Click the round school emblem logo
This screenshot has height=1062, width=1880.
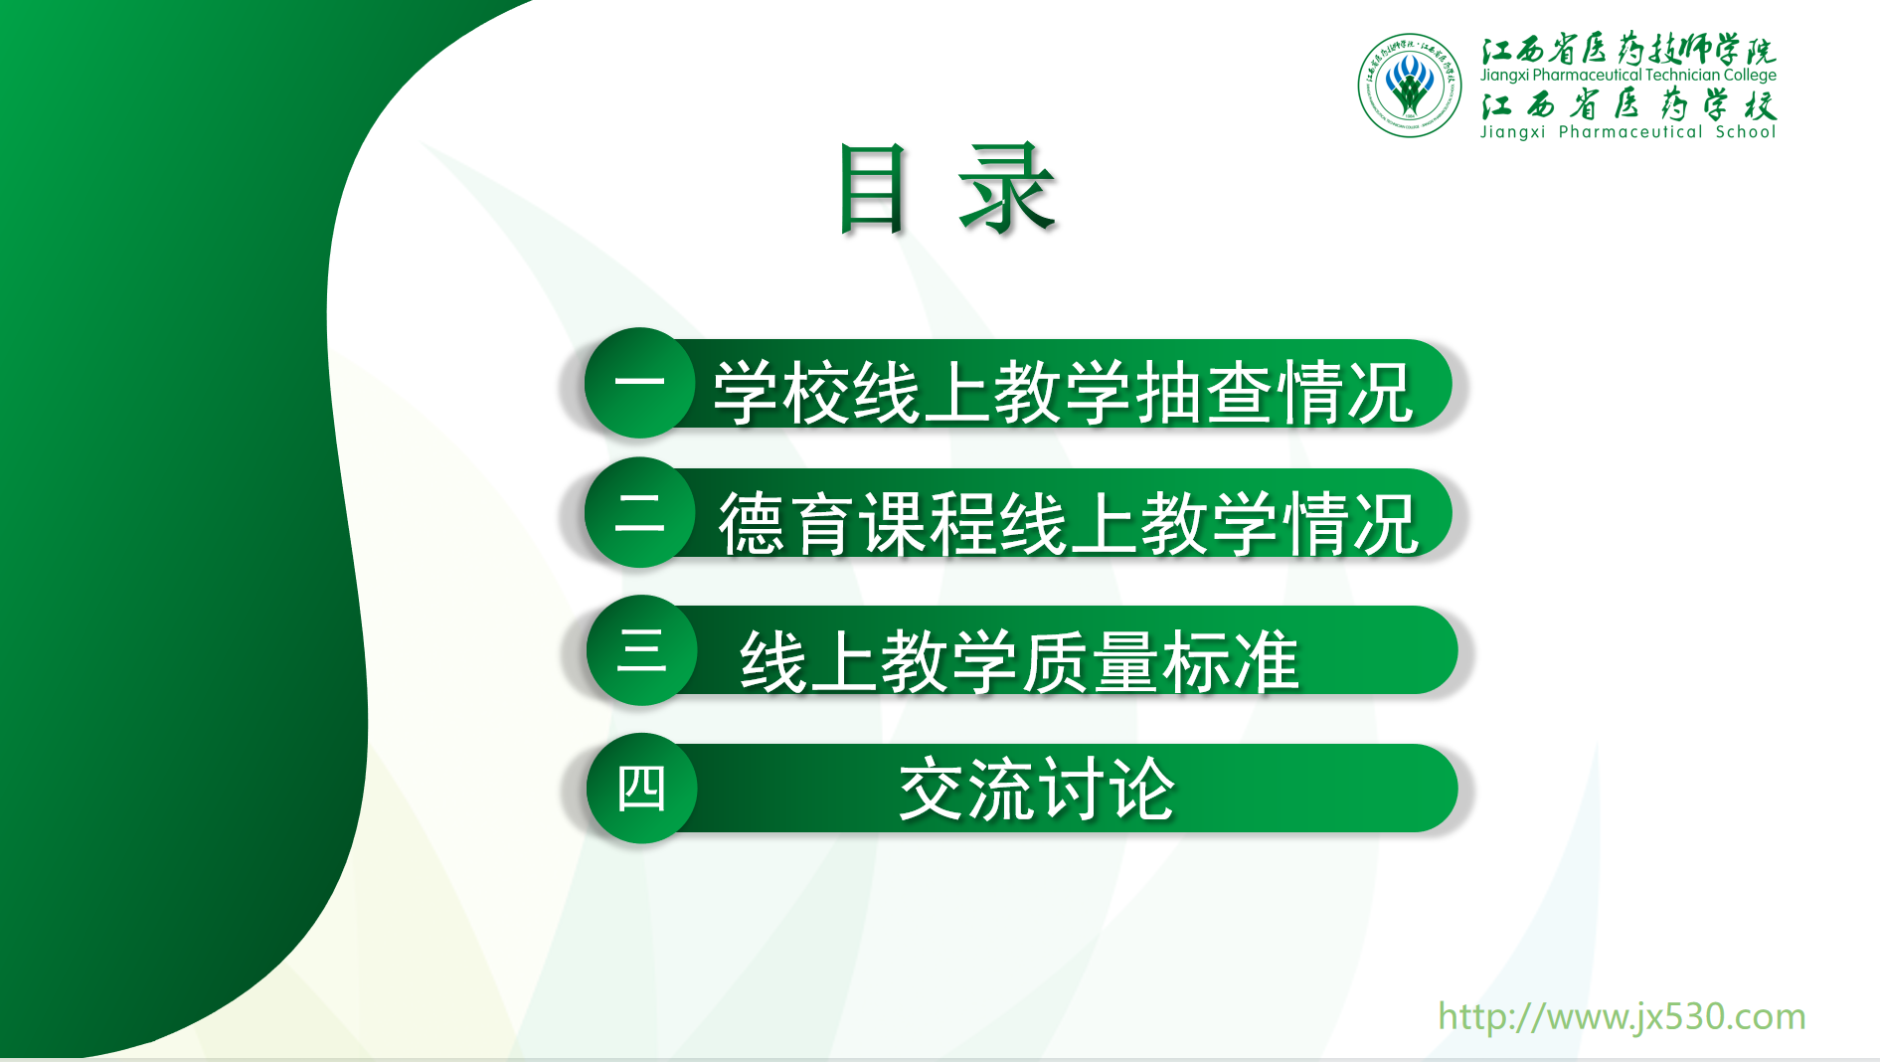[x=1410, y=86]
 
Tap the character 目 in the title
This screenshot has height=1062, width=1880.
[x=873, y=189]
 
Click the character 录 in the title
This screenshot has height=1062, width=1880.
[x=1005, y=188]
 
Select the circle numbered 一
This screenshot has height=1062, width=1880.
[x=639, y=383]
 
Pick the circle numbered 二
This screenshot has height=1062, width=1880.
[x=639, y=512]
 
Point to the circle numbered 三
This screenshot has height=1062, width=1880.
[x=641, y=650]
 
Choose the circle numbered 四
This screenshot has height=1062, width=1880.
[x=641, y=789]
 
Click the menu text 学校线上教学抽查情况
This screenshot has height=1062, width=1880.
[x=1063, y=392]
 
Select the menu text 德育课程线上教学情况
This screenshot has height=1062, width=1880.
[x=1068, y=523]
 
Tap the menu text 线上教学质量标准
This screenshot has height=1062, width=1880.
[x=1019, y=661]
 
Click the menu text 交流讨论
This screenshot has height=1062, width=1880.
[x=1037, y=790]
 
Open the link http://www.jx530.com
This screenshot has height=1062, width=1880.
[x=1622, y=1016]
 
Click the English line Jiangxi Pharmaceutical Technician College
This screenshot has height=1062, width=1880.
[x=1627, y=75]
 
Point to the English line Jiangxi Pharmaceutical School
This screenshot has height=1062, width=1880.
[x=1627, y=131]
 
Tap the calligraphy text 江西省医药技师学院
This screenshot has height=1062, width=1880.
[x=1627, y=49]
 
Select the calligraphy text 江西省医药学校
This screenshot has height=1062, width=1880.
[x=1627, y=104]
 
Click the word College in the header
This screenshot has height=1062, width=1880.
[x=1750, y=76]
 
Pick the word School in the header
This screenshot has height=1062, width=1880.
[x=1746, y=131]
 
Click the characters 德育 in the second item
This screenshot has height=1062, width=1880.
[x=786, y=523]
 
